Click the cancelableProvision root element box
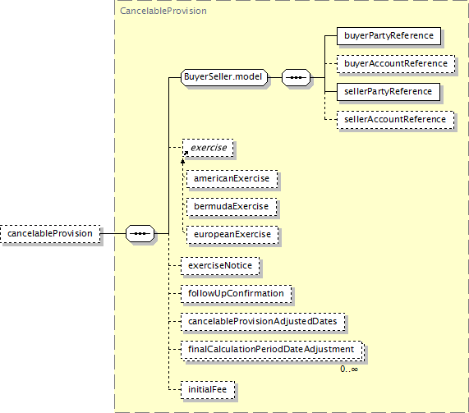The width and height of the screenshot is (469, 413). click(50, 233)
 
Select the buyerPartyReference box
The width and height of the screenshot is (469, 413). click(389, 36)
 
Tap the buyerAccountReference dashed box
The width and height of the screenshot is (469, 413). click(396, 64)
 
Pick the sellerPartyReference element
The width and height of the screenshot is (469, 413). click(389, 91)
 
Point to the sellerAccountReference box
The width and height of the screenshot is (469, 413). click(395, 120)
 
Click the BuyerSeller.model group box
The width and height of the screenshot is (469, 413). click(224, 77)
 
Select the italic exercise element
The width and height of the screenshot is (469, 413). click(208, 148)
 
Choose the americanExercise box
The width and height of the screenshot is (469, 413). click(232, 179)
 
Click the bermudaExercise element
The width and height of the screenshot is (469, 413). click(232, 207)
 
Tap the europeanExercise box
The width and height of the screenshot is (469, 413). click(232, 235)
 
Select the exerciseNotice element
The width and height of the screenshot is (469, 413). click(220, 265)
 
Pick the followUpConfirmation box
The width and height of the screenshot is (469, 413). click(236, 293)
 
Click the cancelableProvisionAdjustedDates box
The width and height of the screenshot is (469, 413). click(263, 322)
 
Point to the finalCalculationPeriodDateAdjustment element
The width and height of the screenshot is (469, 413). click(273, 350)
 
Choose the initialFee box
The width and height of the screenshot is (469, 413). click(208, 390)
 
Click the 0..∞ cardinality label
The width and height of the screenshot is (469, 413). click(349, 369)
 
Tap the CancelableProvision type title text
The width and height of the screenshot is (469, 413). click(163, 11)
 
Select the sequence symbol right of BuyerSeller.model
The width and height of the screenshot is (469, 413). click(297, 77)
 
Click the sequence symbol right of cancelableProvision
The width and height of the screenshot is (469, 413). click(140, 233)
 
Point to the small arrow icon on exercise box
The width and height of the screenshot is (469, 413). click(186, 154)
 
